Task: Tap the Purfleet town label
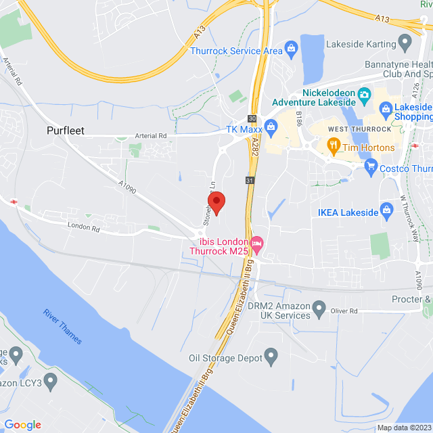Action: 66,131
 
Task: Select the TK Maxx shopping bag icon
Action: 271,126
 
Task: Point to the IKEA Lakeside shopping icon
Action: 387,208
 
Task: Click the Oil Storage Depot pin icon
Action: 271,355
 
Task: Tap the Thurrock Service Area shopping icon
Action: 292,47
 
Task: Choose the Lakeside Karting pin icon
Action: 406,45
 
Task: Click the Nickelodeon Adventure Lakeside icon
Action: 364,94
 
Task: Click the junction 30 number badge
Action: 252,118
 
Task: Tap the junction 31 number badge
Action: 250,181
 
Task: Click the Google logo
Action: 22,424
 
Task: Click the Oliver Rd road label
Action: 344,311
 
